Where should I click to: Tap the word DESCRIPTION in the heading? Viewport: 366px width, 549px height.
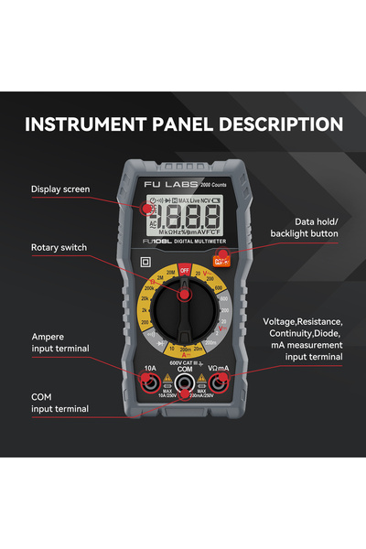coord(284,124)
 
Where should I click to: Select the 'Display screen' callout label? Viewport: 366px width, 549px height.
coord(60,189)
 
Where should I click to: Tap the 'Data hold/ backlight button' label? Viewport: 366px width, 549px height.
coord(303,227)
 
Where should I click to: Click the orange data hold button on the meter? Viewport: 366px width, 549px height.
coord(220,262)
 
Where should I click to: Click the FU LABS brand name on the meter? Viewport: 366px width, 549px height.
coord(171,187)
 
